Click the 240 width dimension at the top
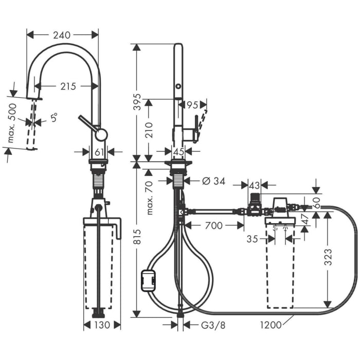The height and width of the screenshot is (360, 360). [x=62, y=34]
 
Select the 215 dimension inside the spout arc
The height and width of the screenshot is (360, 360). [x=67, y=86]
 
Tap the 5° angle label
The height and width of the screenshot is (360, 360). [x=53, y=118]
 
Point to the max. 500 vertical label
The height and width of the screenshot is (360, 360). [x=13, y=123]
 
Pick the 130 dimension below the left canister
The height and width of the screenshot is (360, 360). [x=102, y=325]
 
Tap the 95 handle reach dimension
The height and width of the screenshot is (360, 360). [x=192, y=105]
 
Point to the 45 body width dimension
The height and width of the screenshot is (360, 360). [x=178, y=151]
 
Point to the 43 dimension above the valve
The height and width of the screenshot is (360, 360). [x=254, y=184]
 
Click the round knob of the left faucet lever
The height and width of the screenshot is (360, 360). [x=101, y=135]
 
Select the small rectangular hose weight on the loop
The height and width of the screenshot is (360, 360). [x=149, y=281]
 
